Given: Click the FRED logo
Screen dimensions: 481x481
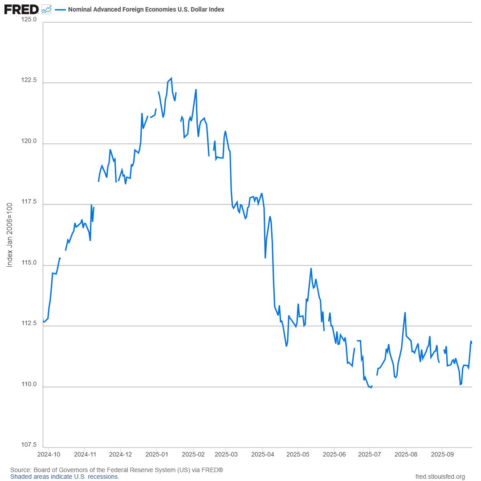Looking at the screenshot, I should [x=21, y=8].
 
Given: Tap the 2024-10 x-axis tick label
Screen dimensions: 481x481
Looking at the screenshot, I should [x=49, y=455].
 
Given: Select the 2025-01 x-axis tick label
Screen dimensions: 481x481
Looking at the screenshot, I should [x=156, y=455].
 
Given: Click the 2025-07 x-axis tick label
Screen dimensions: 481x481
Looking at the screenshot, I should [x=369, y=455].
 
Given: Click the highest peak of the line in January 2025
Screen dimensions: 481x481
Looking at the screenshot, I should [x=171, y=78].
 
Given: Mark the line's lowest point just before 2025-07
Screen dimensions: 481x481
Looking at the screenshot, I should [x=371, y=387].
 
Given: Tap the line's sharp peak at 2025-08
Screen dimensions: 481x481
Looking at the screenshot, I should [x=405, y=313].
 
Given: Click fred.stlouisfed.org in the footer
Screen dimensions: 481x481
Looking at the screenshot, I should [x=440, y=477].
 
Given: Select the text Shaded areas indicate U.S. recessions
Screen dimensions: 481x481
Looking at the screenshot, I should [x=65, y=477].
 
